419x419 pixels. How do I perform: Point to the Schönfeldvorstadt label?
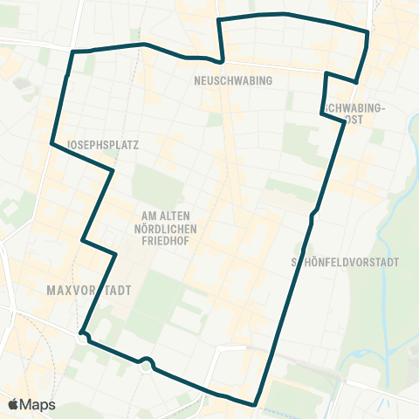click(x=345, y=261)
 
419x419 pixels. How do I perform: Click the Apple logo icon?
click(x=13, y=404)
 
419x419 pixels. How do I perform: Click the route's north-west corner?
click(x=72, y=52)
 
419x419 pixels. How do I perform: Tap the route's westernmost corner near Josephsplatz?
click(x=52, y=144)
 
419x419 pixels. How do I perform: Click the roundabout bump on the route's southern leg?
click(x=146, y=361)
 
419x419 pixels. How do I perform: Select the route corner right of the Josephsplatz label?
click(x=113, y=171)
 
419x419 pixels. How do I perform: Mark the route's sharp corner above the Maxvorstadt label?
click(x=82, y=239)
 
